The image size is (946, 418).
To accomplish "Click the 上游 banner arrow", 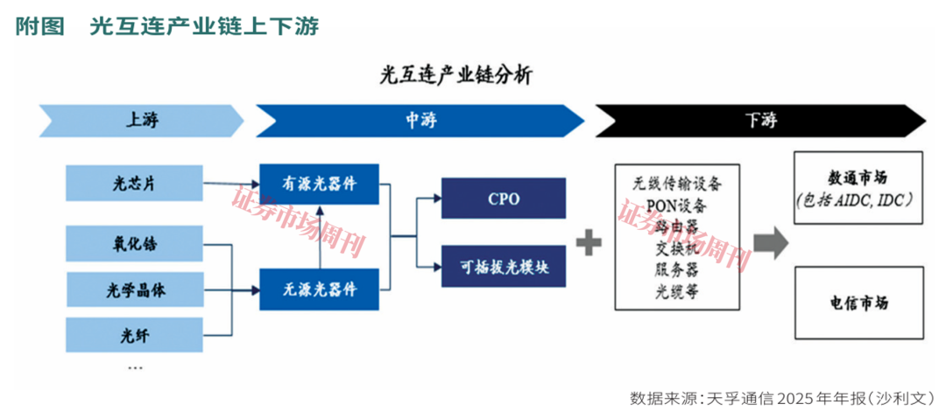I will (x=140, y=121).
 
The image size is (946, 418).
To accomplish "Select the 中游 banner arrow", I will (x=419, y=121).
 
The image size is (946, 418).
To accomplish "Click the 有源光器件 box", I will (x=319, y=184).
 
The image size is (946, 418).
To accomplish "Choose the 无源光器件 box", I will (x=319, y=289).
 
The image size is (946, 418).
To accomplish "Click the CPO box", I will (x=503, y=199).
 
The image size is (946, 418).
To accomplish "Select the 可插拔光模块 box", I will (x=503, y=267).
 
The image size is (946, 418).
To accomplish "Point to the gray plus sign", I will (x=589, y=240).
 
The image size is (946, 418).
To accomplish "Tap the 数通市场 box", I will (x=858, y=188).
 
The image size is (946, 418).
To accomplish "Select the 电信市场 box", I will (x=858, y=303).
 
